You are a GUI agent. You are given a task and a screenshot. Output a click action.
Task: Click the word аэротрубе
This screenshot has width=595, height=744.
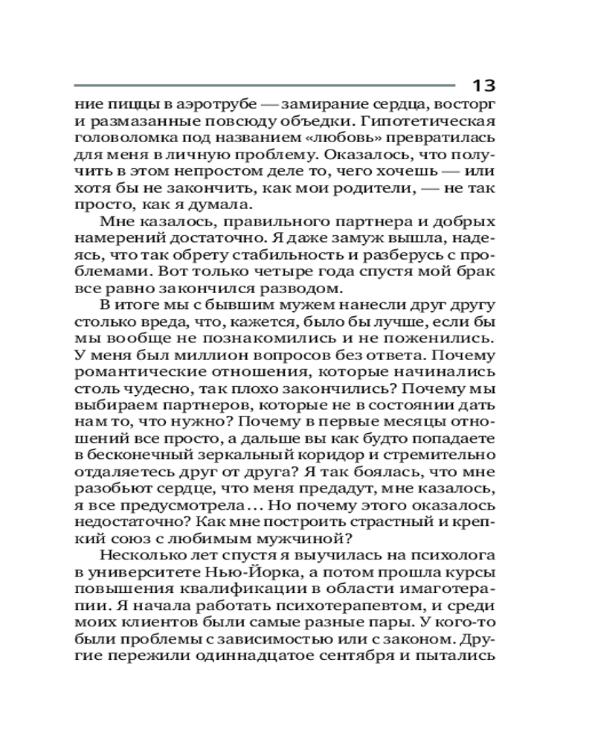190,104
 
